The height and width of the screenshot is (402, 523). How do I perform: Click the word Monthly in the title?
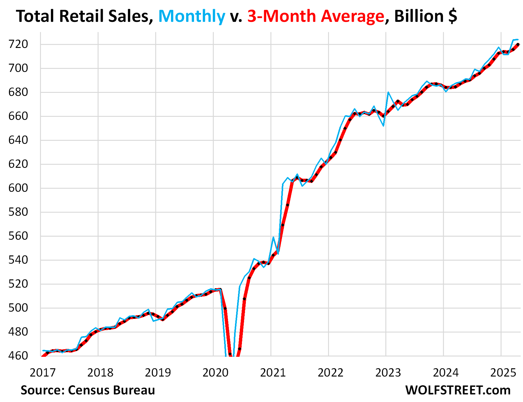192,16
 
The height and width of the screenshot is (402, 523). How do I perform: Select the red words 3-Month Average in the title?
316,16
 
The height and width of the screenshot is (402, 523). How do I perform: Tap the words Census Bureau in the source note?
111,390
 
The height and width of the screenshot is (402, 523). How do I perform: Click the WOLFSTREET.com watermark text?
458,390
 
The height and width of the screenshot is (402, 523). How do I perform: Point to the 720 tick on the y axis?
18,44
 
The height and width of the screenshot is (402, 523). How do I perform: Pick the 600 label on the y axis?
18,188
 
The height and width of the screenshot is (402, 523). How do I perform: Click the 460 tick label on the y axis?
18,356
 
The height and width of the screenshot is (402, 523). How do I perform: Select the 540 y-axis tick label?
18,260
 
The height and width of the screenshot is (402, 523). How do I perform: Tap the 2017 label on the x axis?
42,373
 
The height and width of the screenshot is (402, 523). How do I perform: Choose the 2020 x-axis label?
215,373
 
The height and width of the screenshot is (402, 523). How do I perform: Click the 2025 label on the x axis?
503,373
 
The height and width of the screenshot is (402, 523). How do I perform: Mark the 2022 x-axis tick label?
330,373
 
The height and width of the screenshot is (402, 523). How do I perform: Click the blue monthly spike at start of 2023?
388,92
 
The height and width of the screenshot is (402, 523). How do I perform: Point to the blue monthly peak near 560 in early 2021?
273,237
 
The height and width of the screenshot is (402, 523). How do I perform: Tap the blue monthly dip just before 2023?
384,126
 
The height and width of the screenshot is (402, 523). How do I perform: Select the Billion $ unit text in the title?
426,16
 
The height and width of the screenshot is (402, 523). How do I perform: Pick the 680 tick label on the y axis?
18,92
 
